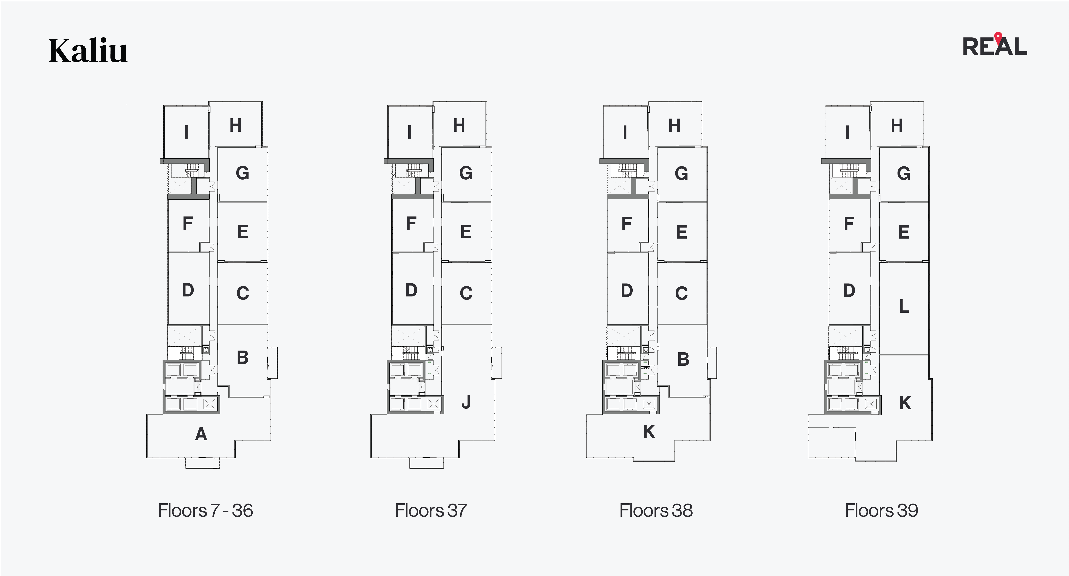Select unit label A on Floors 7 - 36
(x=201, y=434)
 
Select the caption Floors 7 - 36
(x=205, y=510)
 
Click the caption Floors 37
(x=431, y=510)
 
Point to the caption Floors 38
(x=656, y=510)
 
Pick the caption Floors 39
(x=881, y=510)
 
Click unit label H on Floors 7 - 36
(x=236, y=125)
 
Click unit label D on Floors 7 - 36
(x=188, y=290)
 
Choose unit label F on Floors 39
(x=849, y=224)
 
